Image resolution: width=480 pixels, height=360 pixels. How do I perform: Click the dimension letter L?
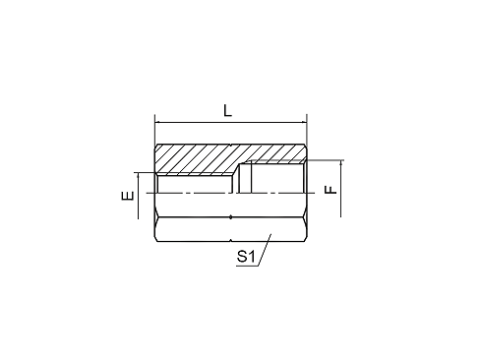[x=227, y=110]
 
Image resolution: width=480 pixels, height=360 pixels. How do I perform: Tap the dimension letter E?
[x=128, y=196]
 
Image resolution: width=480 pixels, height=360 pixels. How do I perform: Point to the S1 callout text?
[x=246, y=257]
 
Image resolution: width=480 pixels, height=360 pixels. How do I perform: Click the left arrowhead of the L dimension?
[x=157, y=123]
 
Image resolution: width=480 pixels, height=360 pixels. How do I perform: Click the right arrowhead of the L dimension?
[x=304, y=123]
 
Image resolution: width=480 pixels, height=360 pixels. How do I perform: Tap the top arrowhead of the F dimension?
[x=341, y=163]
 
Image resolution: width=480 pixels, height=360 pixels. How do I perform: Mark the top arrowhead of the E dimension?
[x=139, y=175]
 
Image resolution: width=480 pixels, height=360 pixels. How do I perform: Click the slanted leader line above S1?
[x=265, y=250]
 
